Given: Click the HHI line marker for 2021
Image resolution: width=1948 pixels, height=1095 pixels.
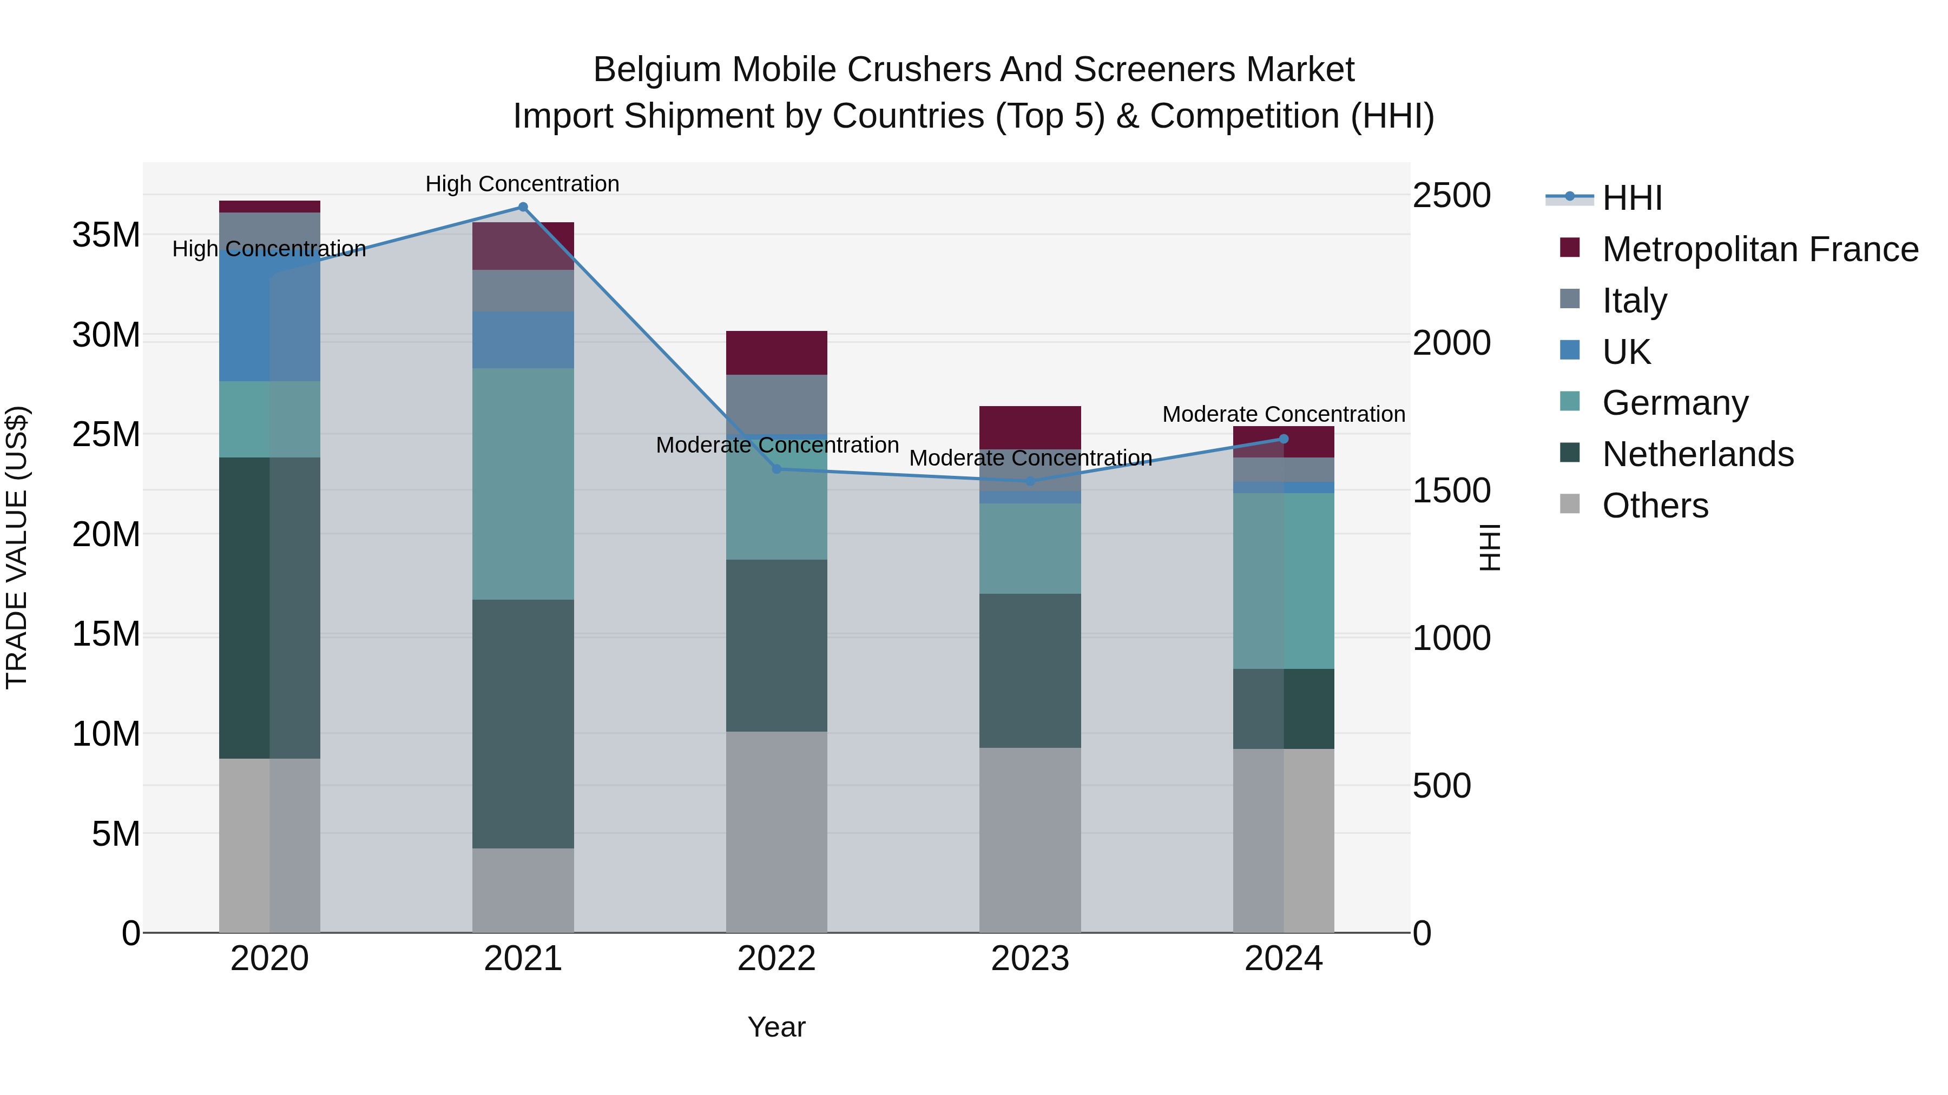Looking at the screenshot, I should point(523,207).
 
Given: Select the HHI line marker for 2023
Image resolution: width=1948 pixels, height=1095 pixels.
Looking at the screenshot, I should point(1030,481).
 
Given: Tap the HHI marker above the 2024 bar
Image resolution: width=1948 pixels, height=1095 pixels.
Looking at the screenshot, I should point(1284,439).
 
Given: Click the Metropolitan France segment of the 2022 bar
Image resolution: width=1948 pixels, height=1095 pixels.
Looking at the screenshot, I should point(776,353).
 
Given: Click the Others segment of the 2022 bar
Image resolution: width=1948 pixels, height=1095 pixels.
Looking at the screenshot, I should point(776,831).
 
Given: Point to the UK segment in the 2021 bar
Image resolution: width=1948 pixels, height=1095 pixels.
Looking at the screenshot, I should point(523,340).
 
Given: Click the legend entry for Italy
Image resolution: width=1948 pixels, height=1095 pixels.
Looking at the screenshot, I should point(1634,301).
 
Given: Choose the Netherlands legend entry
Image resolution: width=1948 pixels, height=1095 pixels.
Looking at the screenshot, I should point(1697,454).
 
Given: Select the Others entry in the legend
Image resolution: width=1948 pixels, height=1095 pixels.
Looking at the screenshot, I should point(1655,506).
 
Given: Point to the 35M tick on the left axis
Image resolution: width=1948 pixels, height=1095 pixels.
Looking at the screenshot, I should point(106,235).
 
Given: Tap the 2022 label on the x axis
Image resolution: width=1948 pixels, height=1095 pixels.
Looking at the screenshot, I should point(776,959).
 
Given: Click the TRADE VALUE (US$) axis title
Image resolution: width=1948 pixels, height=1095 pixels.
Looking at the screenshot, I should point(17,547).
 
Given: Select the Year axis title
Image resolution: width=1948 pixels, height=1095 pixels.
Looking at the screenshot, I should point(776,1027).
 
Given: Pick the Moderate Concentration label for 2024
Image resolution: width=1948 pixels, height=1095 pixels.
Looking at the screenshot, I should point(1284,414).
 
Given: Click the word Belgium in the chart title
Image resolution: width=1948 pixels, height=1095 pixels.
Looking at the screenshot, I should point(656,70).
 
